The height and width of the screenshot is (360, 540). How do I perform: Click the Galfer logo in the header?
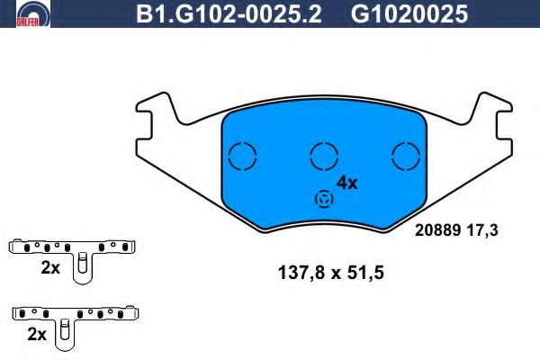coord(33,13)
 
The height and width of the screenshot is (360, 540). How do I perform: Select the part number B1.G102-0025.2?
coord(229,14)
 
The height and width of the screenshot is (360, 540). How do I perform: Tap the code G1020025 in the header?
coord(409,14)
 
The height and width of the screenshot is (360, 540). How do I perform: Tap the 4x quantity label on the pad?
coord(347,183)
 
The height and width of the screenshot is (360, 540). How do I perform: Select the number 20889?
coord(438,230)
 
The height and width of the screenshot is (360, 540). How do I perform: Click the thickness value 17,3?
coord(482,230)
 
